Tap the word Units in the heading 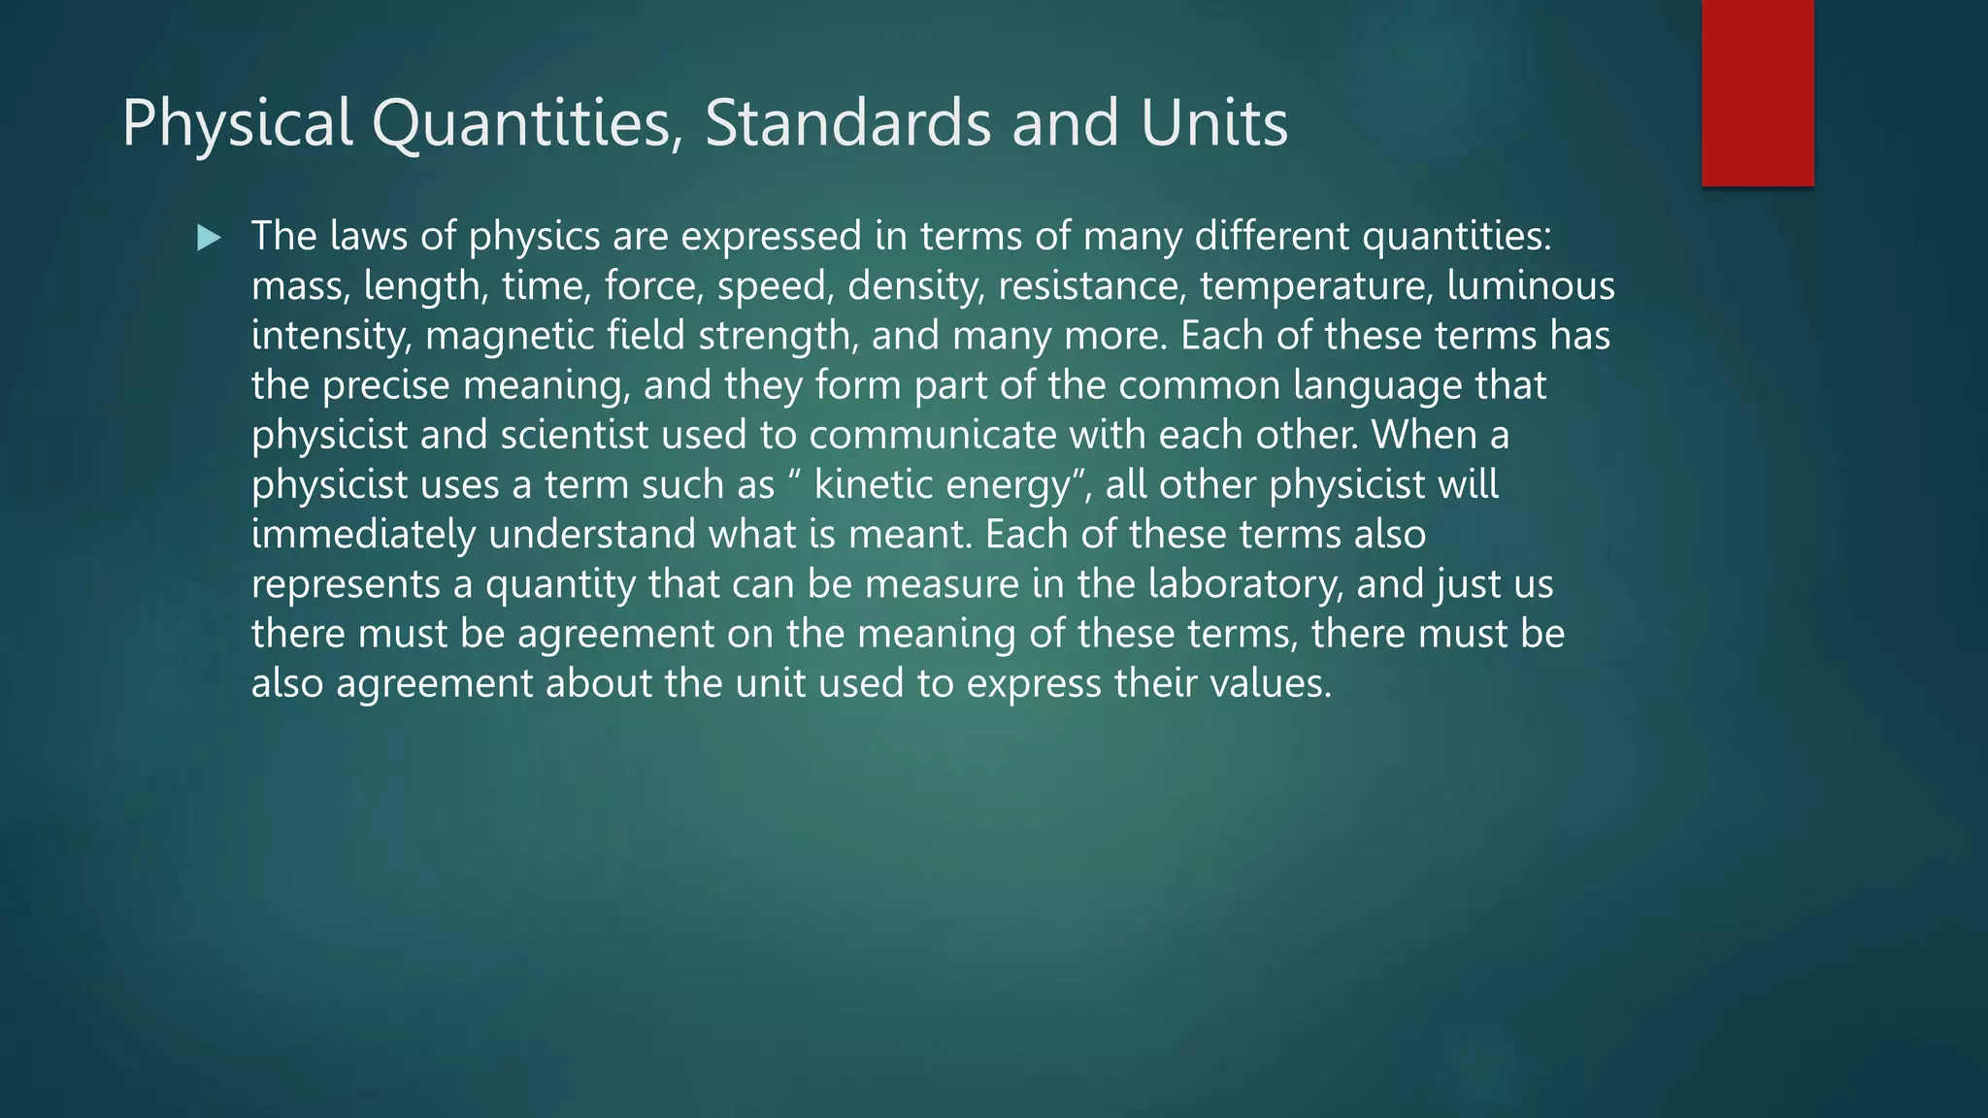tap(1214, 123)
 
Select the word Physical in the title tap(237, 123)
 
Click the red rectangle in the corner tap(1757, 92)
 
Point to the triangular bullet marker tap(209, 238)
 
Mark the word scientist tap(574, 435)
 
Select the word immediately tap(363, 535)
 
